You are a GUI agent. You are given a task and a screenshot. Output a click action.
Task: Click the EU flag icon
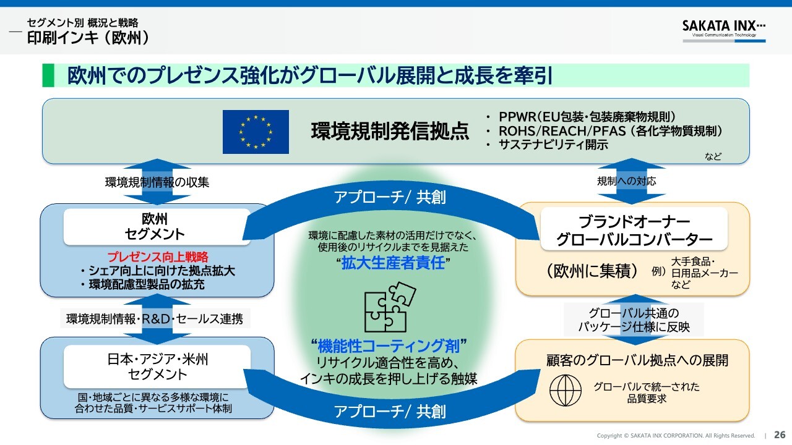256,132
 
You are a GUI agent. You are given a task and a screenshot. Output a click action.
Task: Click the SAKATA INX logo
723,28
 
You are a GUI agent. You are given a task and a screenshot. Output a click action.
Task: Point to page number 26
780,434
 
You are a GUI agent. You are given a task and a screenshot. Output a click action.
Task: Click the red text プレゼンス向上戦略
158,257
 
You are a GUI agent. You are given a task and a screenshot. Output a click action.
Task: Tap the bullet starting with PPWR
587,117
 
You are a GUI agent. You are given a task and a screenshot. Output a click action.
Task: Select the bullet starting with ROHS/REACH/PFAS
610,131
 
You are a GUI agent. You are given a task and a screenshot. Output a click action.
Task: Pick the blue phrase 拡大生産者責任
395,263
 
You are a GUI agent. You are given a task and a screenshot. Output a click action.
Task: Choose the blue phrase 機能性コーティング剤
389,345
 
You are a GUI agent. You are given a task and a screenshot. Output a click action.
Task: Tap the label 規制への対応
626,181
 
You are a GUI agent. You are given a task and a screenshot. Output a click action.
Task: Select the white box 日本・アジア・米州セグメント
157,366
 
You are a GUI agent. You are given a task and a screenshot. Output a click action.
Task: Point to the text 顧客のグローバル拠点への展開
637,360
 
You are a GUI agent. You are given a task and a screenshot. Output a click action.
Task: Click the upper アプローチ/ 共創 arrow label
390,197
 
